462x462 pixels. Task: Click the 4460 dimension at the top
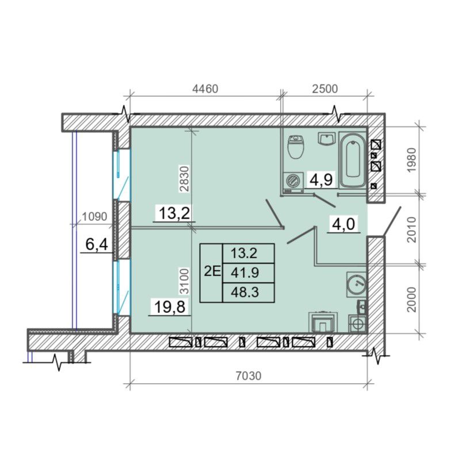[x=205, y=89]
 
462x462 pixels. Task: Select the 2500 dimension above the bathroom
[x=324, y=89]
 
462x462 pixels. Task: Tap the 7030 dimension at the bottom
[x=249, y=376]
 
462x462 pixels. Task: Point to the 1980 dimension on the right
[x=411, y=161]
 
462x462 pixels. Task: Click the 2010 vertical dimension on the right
[x=411, y=230]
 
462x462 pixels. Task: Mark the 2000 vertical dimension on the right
[x=411, y=299]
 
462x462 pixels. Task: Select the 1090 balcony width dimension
[x=94, y=216]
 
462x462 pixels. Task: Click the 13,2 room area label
[x=174, y=213]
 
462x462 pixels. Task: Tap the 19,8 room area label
[x=170, y=307]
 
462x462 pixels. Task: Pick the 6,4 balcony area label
[x=97, y=245]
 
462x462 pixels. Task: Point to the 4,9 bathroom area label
[x=321, y=180]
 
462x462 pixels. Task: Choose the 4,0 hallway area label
[x=343, y=224]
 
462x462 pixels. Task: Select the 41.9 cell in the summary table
[x=245, y=273]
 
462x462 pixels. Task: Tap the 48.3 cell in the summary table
[x=245, y=292]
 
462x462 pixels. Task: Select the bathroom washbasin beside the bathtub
[x=327, y=139]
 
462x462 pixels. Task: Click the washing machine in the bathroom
[x=293, y=183]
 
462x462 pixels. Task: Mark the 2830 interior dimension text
[x=184, y=179]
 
